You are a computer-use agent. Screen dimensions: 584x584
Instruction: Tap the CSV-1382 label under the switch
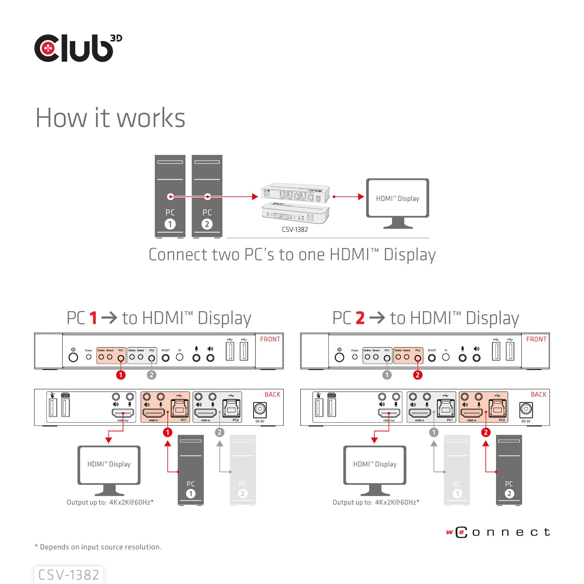click(294, 230)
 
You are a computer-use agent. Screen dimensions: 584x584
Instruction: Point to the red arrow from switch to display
click(348, 197)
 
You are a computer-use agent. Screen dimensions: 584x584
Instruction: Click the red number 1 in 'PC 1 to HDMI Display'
click(93, 318)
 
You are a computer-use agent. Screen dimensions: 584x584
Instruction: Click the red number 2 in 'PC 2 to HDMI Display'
click(360, 318)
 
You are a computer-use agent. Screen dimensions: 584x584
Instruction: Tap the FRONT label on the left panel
click(270, 339)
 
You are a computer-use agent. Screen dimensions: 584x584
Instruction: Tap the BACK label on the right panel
click(538, 395)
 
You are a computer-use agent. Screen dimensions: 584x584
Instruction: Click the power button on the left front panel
click(73, 357)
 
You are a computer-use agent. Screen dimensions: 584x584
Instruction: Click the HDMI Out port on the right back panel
click(389, 413)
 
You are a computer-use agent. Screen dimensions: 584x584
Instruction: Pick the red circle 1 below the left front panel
click(121, 375)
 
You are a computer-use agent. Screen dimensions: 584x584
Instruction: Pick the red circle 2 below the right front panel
click(417, 375)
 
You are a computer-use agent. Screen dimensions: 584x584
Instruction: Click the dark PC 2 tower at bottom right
click(509, 470)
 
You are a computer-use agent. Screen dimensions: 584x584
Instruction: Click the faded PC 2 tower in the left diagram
click(242, 470)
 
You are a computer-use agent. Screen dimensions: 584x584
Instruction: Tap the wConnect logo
click(498, 532)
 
